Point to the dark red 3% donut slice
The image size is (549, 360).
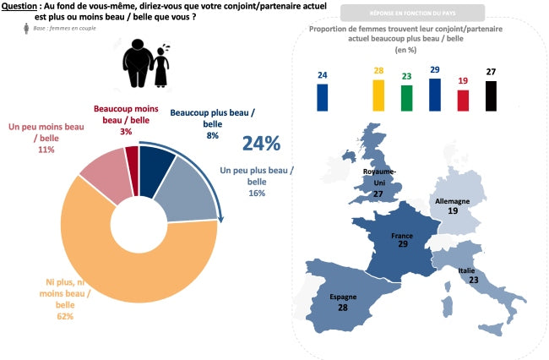pos(131,158)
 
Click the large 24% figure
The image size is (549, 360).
pos(261,144)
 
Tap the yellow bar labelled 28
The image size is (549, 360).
pos(378,95)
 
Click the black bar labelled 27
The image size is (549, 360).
pos(491,95)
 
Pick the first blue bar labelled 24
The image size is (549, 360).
pos(323,97)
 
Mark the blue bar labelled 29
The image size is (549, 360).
pos(435,95)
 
